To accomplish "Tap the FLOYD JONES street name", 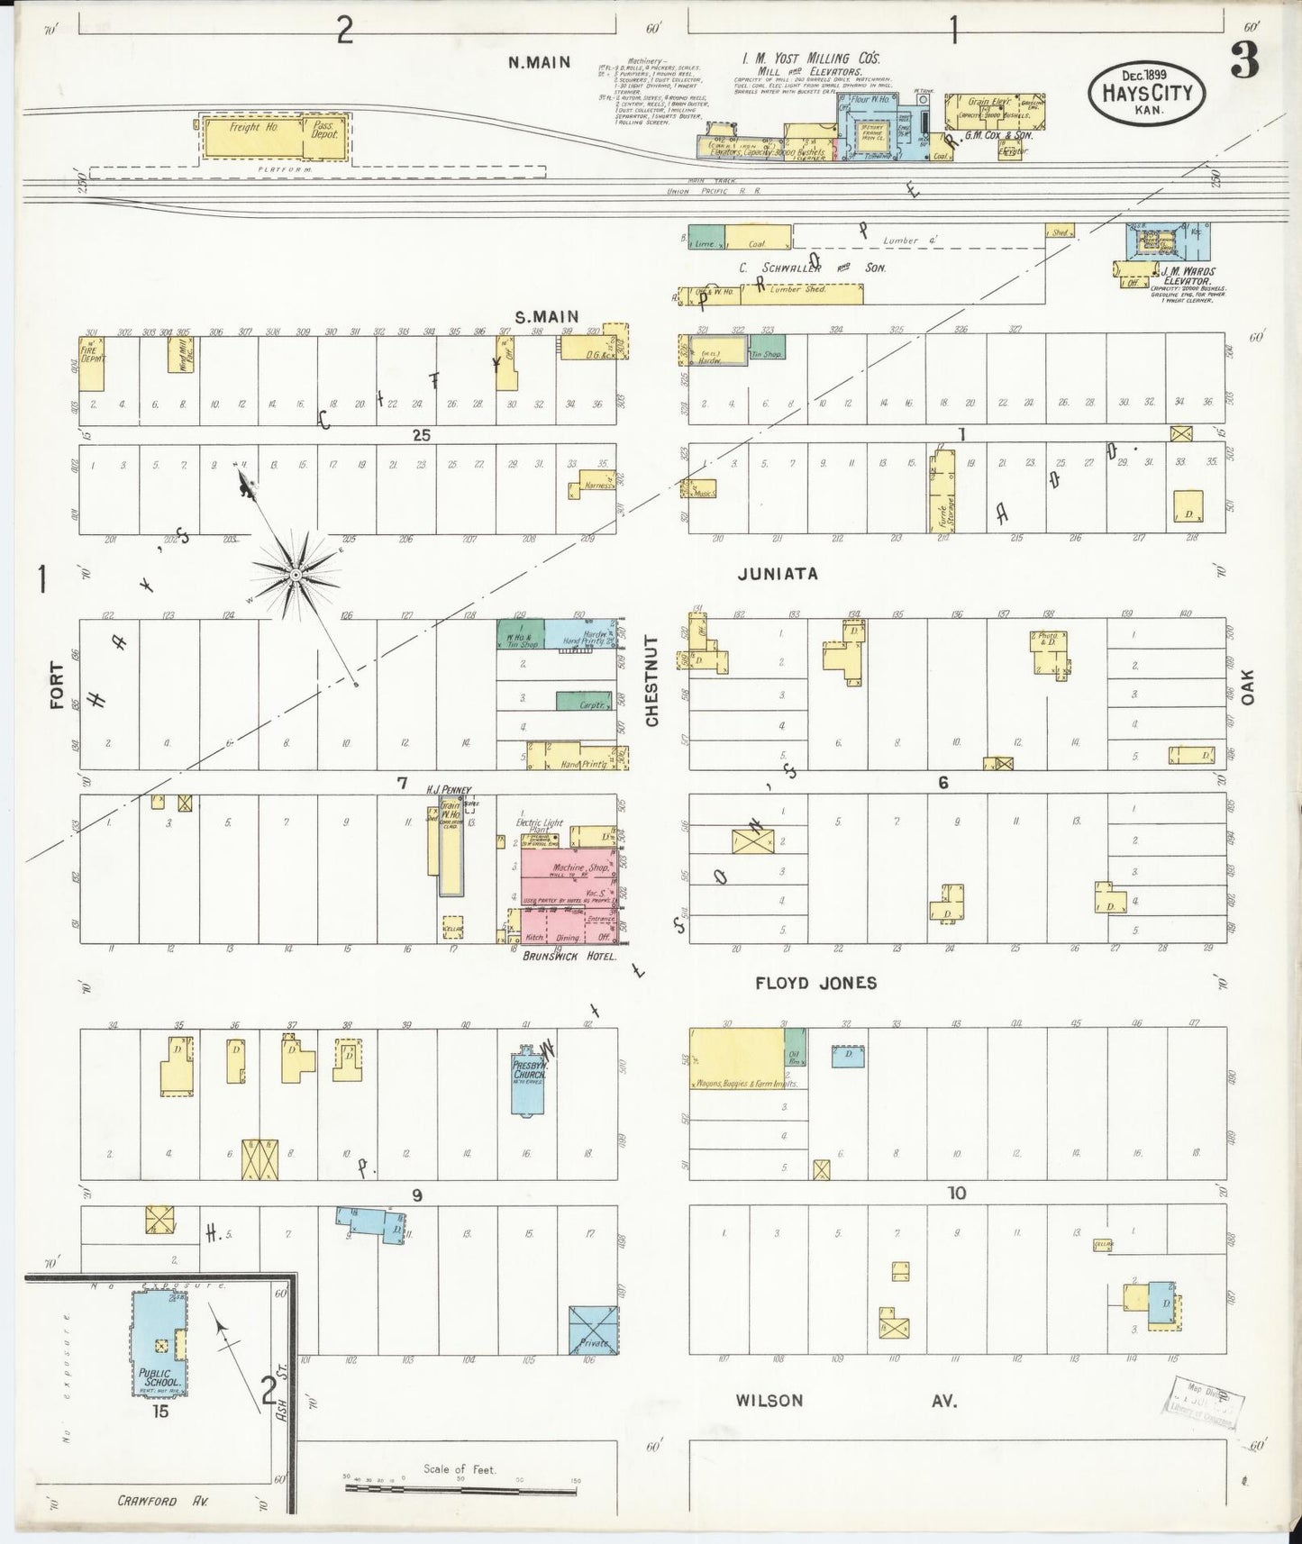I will pyautogui.click(x=816, y=983).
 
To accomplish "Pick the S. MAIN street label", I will pyautogui.click(x=546, y=316).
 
